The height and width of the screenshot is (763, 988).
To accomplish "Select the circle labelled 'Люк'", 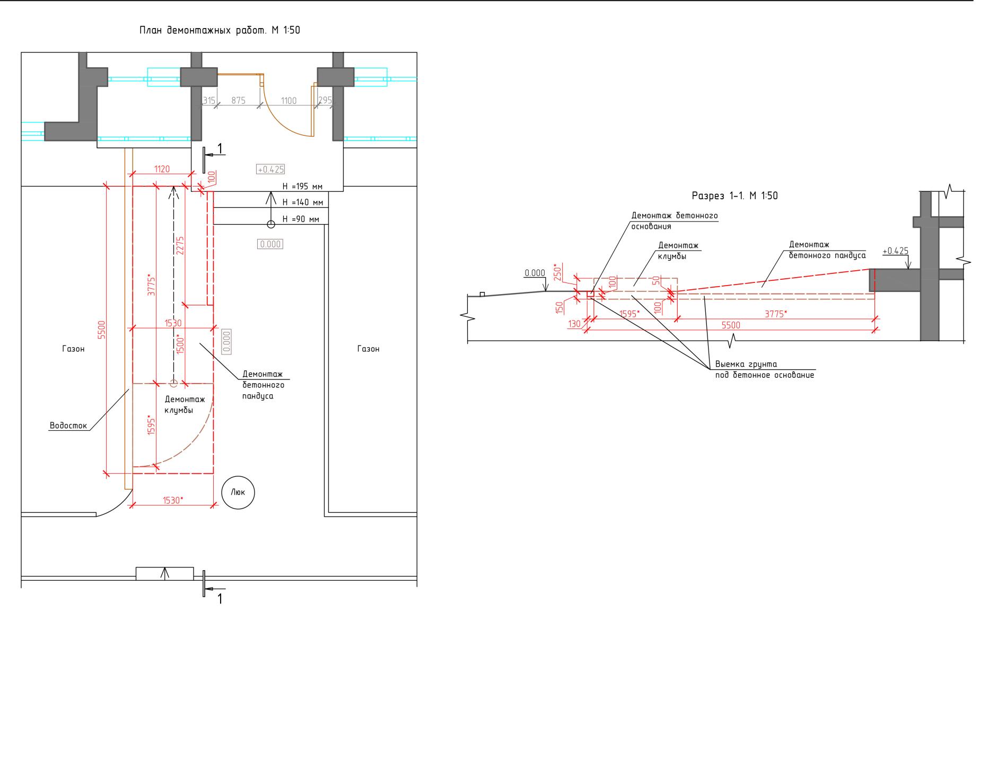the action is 238,493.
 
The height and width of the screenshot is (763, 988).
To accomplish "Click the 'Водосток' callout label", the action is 68,425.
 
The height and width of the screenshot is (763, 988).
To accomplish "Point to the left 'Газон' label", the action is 74,349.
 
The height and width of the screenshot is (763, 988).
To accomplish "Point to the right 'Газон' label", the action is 369,349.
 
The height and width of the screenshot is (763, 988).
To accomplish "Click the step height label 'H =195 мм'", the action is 302,187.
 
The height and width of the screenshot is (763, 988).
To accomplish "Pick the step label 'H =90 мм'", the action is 301,219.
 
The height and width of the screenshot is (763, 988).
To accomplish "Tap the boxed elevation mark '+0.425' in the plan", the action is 270,170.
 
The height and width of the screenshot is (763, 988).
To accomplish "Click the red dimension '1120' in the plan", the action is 162,169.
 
